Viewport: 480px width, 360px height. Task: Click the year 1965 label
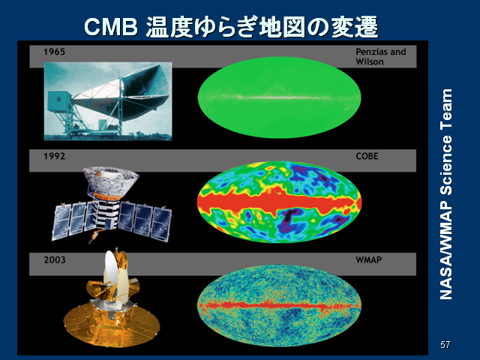pos(54,52)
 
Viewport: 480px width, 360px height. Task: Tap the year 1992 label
pos(54,156)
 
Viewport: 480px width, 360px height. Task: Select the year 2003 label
pos(55,260)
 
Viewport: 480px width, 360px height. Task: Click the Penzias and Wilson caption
pos(380,57)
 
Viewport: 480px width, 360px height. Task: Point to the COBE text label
pos(367,156)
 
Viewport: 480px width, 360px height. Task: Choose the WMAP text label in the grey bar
pos(368,260)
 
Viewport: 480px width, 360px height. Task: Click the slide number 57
pos(445,345)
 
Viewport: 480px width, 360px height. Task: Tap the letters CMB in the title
pos(111,27)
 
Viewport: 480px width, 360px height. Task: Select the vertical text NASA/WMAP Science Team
pos(446,194)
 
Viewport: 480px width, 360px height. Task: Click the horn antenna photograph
pos(108,101)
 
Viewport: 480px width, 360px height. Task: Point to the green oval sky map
pos(279,97)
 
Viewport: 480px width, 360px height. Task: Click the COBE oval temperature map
pos(279,202)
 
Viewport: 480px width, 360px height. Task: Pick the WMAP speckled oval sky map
pos(279,305)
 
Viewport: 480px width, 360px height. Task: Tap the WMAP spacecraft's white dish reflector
pos(111,267)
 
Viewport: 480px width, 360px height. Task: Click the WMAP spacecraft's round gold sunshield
pos(112,325)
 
